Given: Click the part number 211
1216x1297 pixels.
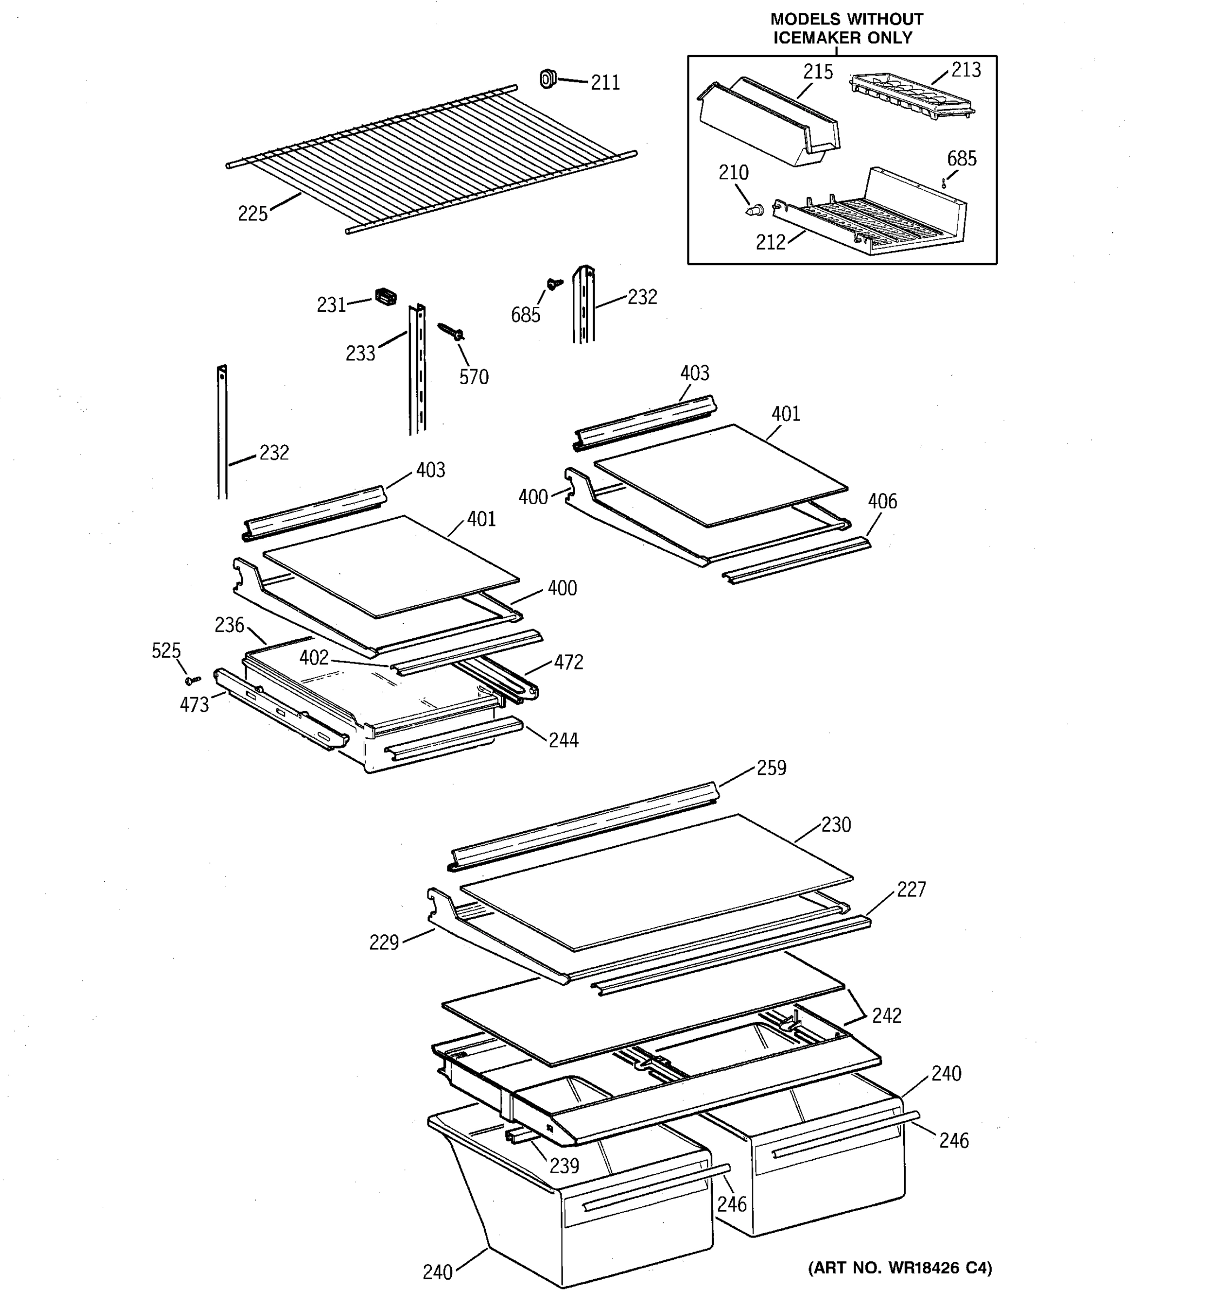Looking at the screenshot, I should (x=605, y=83).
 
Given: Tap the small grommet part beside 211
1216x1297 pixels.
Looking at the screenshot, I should (x=547, y=79).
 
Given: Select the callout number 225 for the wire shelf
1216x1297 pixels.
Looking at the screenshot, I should (x=252, y=214).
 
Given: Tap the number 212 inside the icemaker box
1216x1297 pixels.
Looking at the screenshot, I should (x=771, y=243).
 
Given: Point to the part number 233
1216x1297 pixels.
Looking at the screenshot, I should (x=360, y=353).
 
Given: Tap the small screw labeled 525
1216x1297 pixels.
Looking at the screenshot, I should (x=192, y=680).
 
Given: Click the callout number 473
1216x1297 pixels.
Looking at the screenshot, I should (x=195, y=705).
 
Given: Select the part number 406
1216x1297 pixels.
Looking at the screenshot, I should (x=882, y=501).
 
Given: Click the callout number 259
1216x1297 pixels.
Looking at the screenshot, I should (x=771, y=768).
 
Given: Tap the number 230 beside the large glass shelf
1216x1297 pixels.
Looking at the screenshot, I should (x=836, y=825).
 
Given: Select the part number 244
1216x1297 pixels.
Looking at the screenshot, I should (x=563, y=740).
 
